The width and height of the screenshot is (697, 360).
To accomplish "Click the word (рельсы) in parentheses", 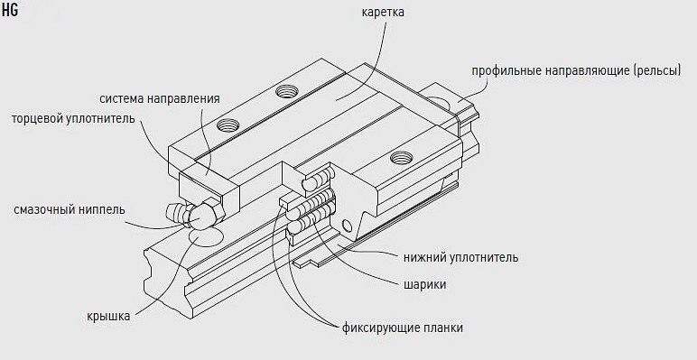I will coord(655,70).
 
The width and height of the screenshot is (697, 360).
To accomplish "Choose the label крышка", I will coord(109,316).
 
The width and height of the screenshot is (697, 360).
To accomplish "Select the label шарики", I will coord(424,285).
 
